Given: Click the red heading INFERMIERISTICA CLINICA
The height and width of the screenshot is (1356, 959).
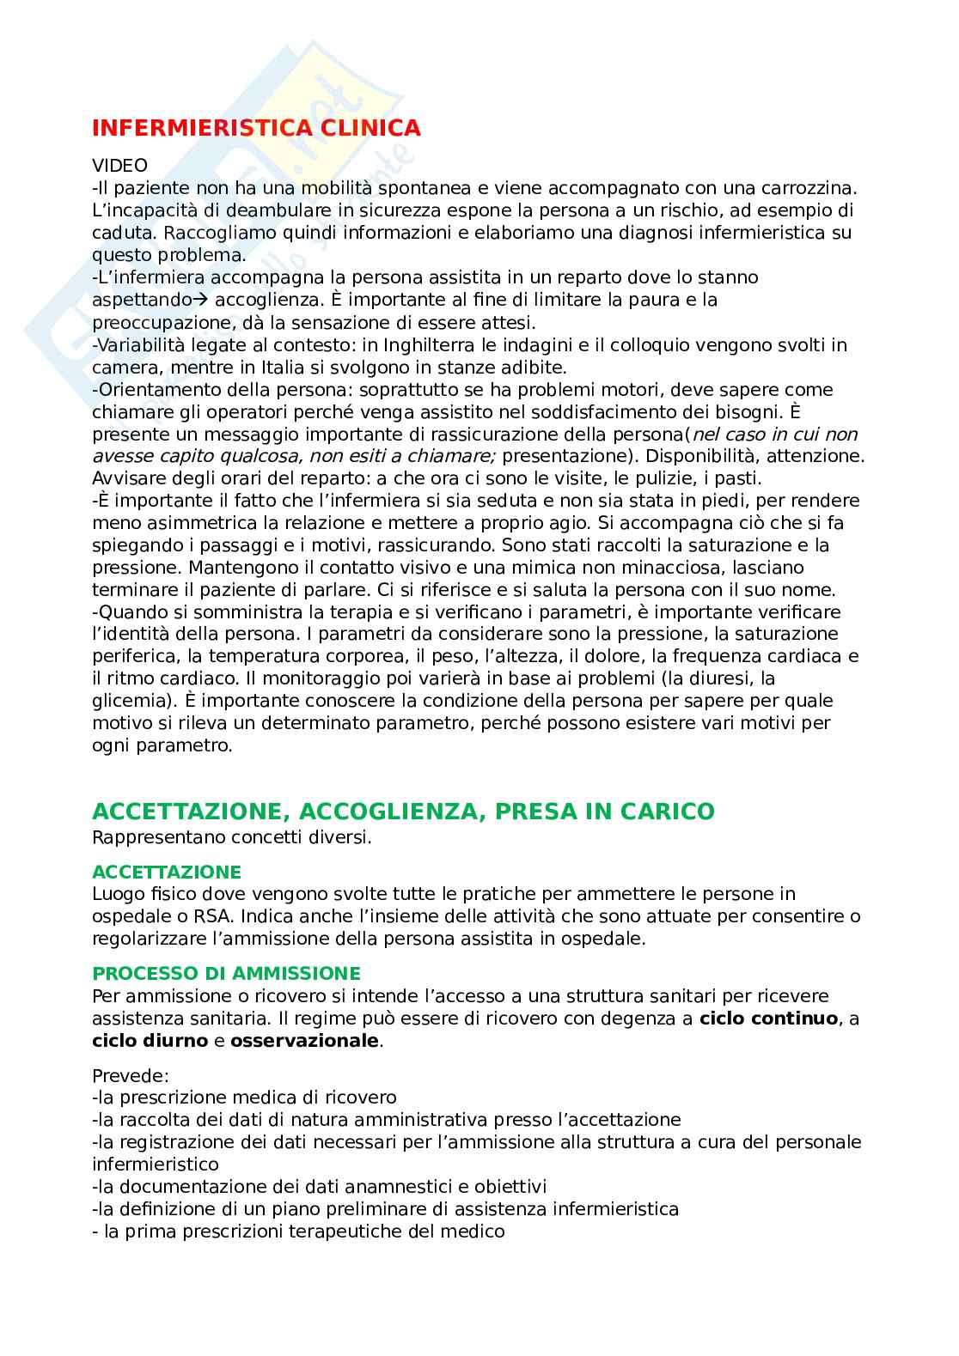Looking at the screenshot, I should point(256,128).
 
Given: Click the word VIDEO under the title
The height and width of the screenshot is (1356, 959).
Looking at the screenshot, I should point(119,165).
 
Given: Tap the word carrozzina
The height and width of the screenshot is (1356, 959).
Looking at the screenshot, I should point(809,187).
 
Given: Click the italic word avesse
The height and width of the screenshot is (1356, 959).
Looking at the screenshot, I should point(121,456).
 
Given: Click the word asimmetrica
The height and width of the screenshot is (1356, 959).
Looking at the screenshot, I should point(194,523).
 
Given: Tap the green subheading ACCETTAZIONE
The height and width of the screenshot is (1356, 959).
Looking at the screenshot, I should point(167,873).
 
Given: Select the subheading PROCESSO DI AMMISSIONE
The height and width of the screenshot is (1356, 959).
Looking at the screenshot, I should point(226,974).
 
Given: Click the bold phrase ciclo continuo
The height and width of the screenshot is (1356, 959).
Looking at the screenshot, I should point(768,1019).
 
